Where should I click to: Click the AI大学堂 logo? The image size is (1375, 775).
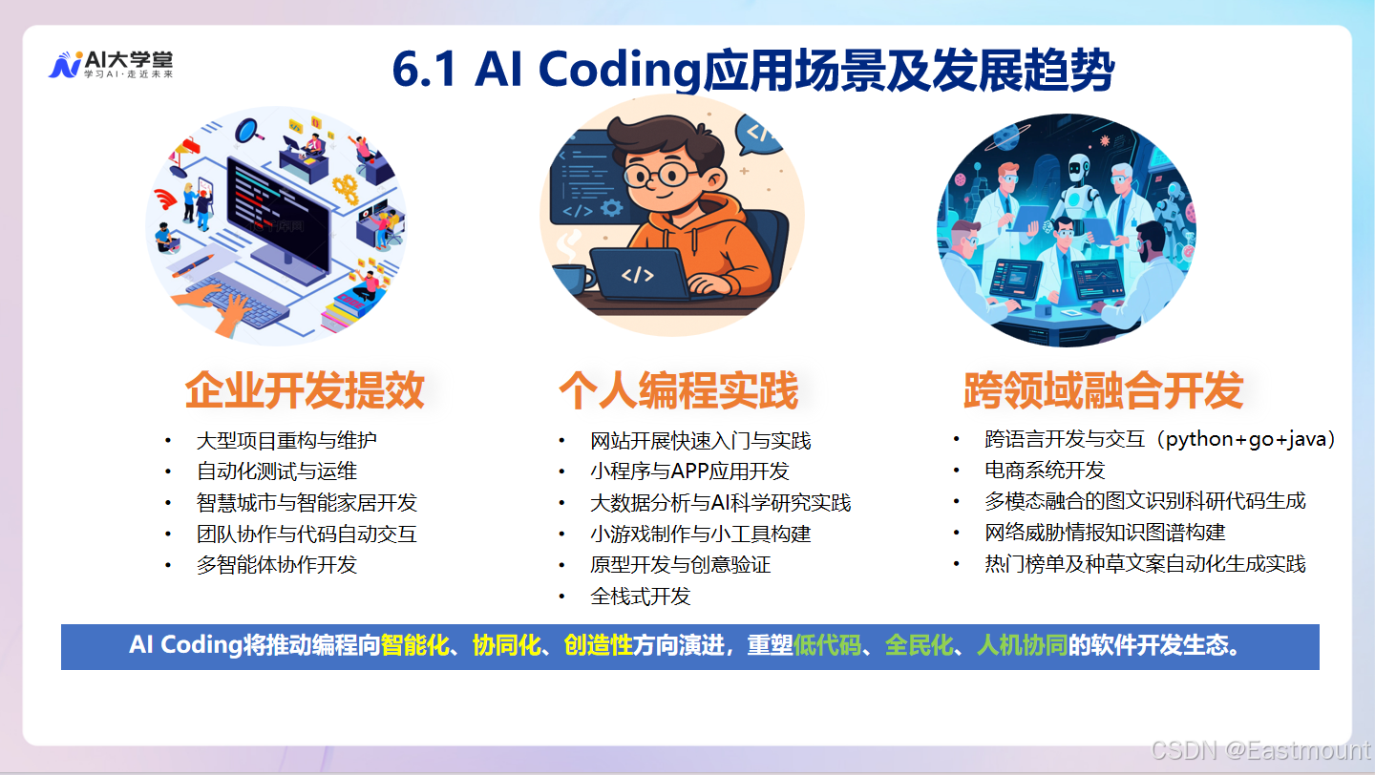pos(110,65)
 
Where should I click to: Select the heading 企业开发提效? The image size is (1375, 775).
pos(305,390)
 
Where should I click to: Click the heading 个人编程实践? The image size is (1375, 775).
pos(679,390)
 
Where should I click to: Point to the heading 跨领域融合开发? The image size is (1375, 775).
pos(1103,390)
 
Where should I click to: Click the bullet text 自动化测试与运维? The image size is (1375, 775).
pos(276,471)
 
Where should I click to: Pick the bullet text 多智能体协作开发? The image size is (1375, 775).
pos(276,564)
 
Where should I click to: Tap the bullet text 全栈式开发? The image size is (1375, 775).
pos(640,597)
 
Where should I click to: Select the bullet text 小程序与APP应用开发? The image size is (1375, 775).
pos(689,471)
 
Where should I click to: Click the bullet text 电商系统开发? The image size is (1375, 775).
pos(1044,471)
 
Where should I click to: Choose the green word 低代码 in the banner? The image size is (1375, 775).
pos(827,645)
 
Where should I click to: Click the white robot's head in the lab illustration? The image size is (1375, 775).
pos(1078,169)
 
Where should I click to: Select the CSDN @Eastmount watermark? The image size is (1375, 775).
pos(1260,751)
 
